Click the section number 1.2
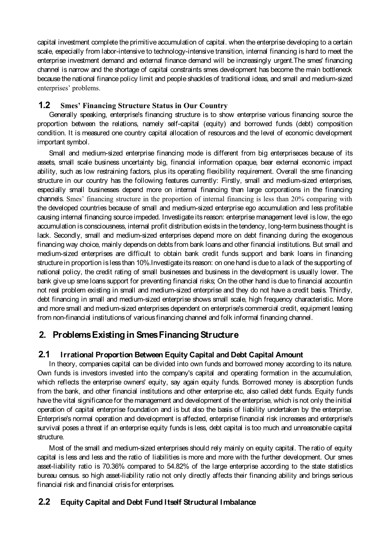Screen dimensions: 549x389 click(x=44, y=105)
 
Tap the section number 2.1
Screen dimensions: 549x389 click(x=44, y=354)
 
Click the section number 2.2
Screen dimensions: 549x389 click(x=44, y=502)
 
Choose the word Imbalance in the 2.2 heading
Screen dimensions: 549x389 click(x=239, y=502)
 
